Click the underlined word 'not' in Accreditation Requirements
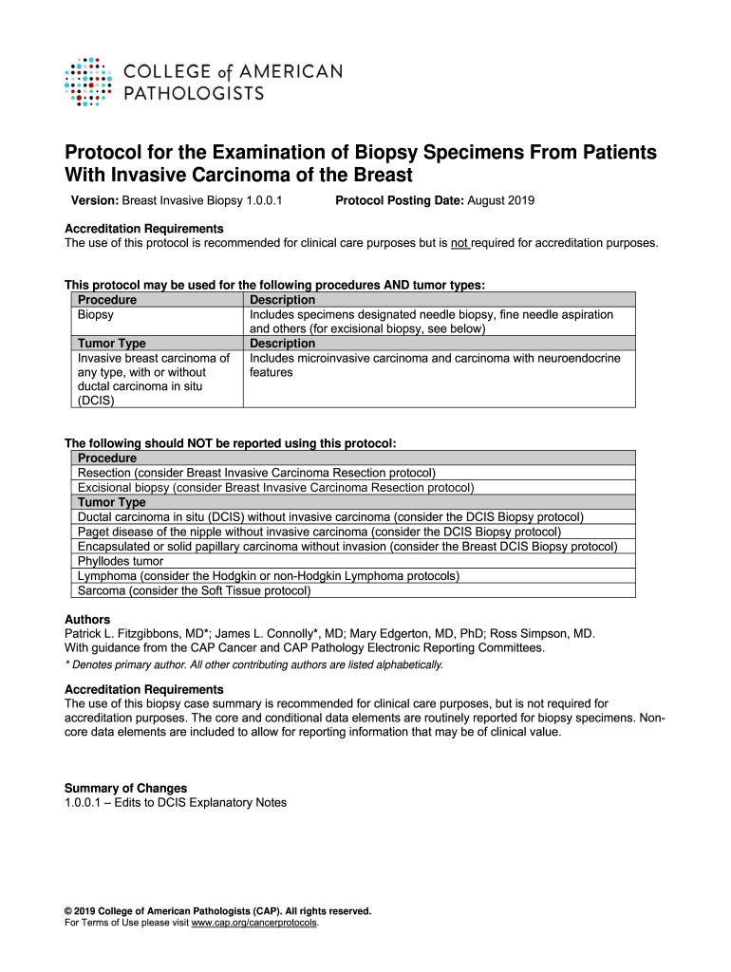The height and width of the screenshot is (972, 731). click(459, 243)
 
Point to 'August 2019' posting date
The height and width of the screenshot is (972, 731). click(501, 201)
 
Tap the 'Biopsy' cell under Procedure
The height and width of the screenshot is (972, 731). click(96, 314)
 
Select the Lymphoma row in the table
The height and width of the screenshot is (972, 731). click(269, 576)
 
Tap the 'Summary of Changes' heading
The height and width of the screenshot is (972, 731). click(125, 788)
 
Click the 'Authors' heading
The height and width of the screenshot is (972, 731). click(86, 620)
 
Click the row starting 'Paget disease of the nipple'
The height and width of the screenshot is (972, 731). click(319, 532)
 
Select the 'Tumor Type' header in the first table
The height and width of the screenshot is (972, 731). click(111, 343)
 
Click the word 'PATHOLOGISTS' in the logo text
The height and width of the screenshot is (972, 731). click(195, 93)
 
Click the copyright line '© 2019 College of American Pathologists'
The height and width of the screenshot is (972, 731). click(217, 911)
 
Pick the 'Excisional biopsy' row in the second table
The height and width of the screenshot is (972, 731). click(275, 488)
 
